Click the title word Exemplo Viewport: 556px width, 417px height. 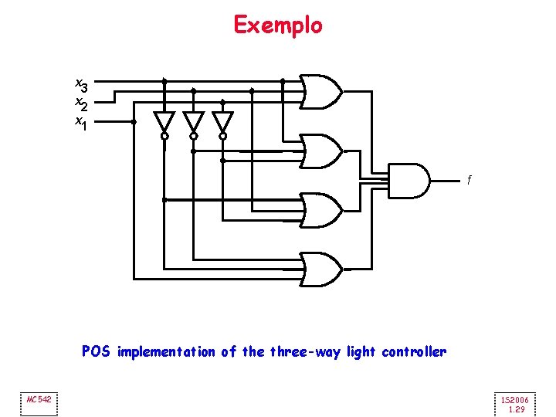278,25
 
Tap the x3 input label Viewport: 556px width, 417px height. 80,83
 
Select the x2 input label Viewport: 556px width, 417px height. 80,102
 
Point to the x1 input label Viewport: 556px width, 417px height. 80,122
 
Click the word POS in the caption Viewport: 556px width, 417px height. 97,352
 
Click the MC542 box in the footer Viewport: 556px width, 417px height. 39,399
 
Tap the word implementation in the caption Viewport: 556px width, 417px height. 166,352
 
